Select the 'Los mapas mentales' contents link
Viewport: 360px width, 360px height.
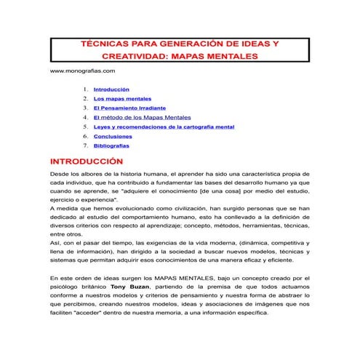click(122, 98)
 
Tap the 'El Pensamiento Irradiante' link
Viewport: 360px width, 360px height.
click(129, 108)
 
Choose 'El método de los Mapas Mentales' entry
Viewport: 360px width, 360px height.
click(142, 117)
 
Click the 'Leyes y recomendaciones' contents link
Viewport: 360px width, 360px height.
click(163, 127)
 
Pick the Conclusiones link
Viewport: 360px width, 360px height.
click(113, 136)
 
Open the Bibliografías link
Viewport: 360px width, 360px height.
click(111, 145)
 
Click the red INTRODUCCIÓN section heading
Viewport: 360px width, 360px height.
click(85, 161)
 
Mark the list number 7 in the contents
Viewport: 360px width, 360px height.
click(86, 145)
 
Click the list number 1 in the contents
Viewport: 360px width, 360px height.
click(86, 89)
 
